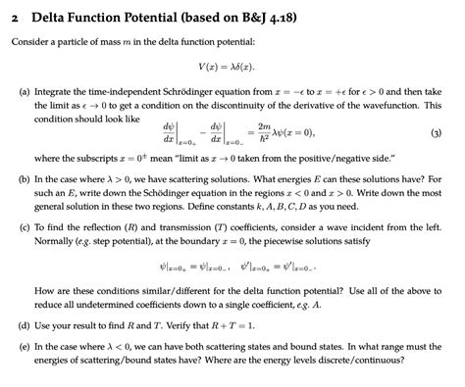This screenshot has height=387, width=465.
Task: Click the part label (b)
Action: pos(18,180)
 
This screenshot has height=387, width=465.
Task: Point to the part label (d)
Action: pos(18,323)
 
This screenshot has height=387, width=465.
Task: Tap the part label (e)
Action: pos(18,346)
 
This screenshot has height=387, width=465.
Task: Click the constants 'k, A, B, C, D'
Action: pos(327,210)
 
